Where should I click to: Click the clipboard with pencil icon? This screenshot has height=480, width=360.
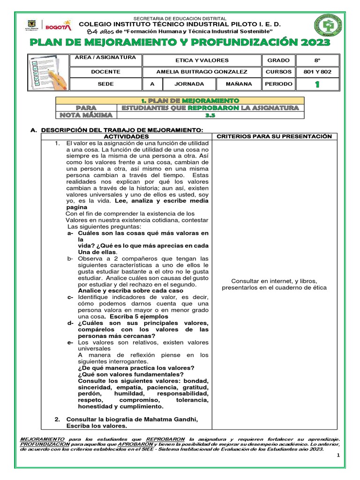tap(47, 72)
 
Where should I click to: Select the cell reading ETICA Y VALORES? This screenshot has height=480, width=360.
tap(202, 60)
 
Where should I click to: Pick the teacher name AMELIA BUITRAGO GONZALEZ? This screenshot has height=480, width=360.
tap(202, 72)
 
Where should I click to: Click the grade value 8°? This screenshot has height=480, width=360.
tap(317, 60)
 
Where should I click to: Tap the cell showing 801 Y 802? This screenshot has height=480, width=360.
tap(317, 72)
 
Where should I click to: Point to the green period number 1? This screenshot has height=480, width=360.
tap(317, 84)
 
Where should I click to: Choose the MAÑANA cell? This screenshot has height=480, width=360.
tap(239, 84)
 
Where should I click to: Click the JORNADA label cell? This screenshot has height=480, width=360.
tap(189, 84)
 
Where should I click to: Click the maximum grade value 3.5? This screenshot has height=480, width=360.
tap(210, 115)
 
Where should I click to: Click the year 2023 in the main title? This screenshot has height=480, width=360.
tap(314, 43)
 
